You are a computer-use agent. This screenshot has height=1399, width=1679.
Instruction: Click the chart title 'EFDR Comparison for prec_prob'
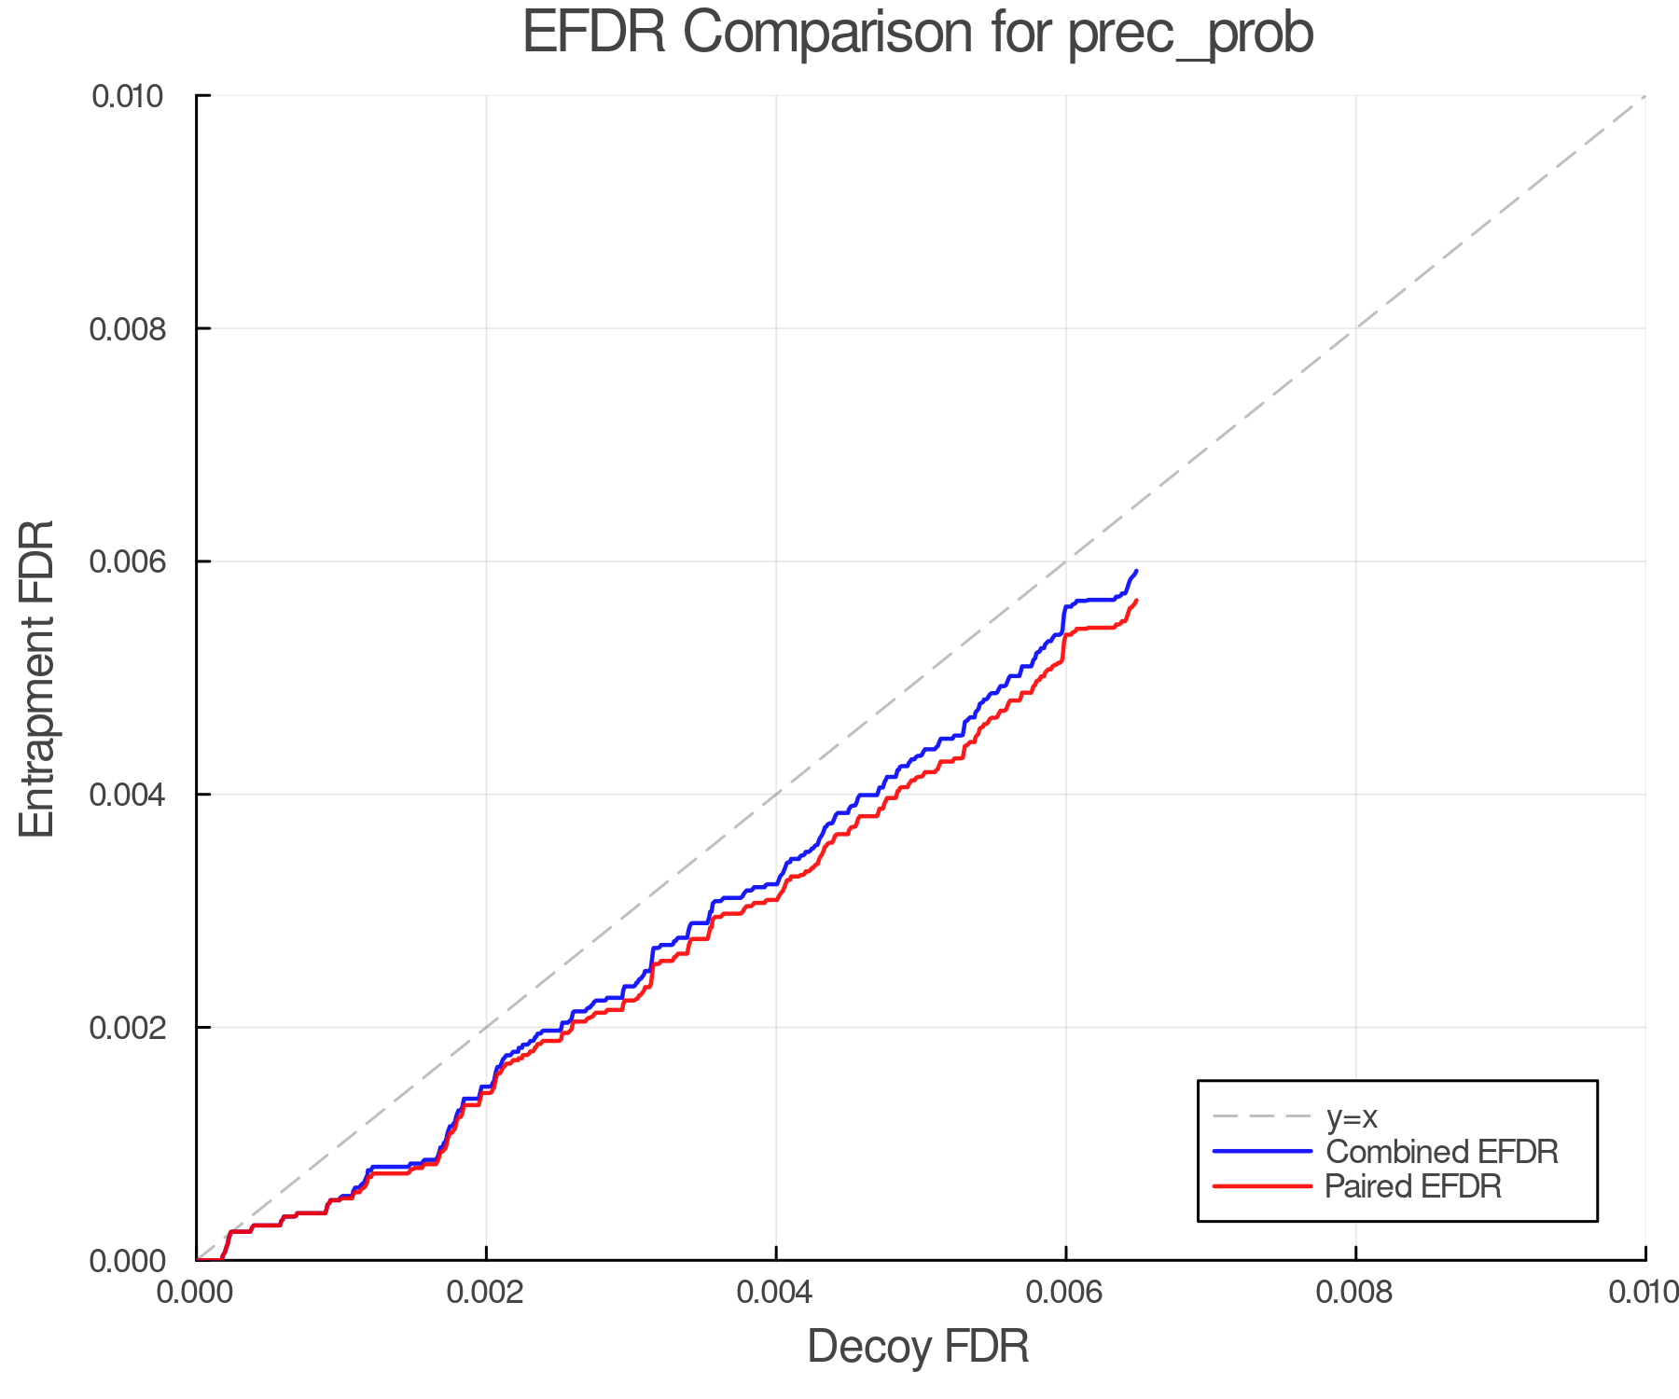[x=918, y=34]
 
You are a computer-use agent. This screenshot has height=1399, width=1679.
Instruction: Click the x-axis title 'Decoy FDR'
[x=918, y=1347]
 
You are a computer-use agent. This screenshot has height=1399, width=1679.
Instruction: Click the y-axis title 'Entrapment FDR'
[x=37, y=678]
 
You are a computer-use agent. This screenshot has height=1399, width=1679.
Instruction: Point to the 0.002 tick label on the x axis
[x=486, y=1292]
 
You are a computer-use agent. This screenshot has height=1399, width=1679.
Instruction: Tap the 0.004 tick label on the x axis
[x=776, y=1292]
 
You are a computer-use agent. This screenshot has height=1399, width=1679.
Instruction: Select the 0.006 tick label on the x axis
[x=1065, y=1292]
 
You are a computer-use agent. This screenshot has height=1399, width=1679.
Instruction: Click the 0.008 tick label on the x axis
[x=1355, y=1292]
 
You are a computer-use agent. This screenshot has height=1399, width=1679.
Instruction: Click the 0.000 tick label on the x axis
[x=196, y=1292]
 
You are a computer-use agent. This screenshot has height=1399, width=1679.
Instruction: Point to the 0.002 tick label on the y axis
[x=127, y=1028]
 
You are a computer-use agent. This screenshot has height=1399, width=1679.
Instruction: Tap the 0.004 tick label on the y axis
[x=127, y=795]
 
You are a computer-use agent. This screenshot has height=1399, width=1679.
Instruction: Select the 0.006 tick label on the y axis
[x=127, y=561]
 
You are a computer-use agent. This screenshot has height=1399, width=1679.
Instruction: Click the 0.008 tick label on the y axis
[x=127, y=328]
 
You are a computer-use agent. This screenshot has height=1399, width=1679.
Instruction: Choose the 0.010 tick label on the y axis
[x=127, y=96]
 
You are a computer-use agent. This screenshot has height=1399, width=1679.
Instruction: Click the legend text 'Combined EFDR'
[x=1442, y=1152]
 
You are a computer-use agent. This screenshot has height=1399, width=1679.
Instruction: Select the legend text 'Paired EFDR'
[x=1413, y=1186]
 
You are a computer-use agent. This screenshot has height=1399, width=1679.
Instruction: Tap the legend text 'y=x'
[x=1352, y=1116]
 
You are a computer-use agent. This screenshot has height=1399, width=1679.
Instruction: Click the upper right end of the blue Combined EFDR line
[x=1136, y=571]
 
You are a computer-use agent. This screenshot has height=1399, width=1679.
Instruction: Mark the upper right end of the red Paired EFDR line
[x=1136, y=601]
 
